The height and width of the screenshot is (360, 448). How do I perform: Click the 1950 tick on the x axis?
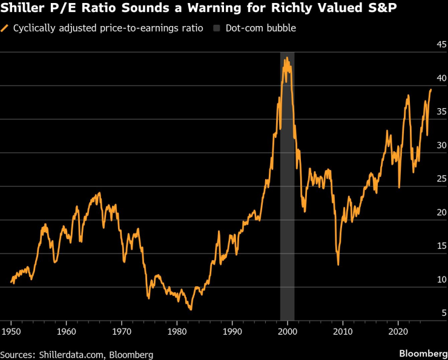point(11,332)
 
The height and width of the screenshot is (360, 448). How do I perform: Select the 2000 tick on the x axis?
point(288,332)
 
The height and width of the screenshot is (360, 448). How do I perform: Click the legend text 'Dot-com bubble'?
point(260,28)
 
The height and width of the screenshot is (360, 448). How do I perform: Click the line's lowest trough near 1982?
point(191,310)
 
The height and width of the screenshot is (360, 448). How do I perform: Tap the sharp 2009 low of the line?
point(338,264)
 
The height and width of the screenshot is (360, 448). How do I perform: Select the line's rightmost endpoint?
point(431,90)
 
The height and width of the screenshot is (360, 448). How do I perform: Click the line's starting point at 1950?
point(12,283)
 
